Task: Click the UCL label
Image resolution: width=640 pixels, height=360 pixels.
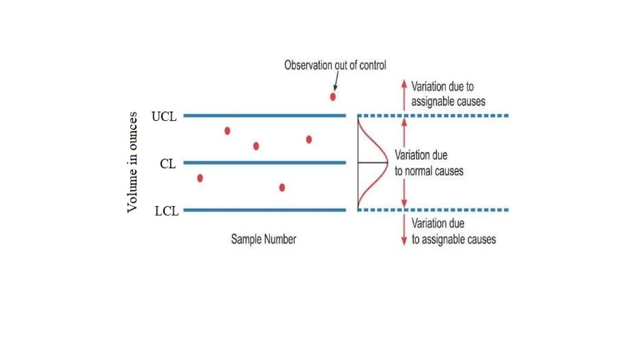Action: [164, 116]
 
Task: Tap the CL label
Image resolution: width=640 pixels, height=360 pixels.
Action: [168, 163]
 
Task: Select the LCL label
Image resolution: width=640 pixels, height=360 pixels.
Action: [166, 211]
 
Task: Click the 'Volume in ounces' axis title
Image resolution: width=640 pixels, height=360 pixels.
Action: [132, 162]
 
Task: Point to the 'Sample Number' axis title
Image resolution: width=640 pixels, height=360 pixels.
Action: [263, 239]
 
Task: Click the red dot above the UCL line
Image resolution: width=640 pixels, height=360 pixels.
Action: [333, 97]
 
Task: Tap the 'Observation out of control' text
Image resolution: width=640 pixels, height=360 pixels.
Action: [335, 65]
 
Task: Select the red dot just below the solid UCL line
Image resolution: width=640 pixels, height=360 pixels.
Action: [227, 131]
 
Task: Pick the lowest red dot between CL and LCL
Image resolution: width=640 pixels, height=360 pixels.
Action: [282, 187]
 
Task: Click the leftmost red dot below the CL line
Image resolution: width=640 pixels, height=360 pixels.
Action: [200, 178]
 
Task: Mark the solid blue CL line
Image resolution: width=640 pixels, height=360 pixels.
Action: [264, 162]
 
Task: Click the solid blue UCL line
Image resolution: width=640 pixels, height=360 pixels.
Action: [264, 116]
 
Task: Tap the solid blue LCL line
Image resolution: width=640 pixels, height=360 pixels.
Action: [264, 210]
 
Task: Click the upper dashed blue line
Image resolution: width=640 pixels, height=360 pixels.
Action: [433, 116]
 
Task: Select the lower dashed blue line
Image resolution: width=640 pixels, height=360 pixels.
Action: [433, 210]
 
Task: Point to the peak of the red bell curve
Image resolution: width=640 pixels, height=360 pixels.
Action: [387, 162]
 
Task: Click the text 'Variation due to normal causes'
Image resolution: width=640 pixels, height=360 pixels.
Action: [429, 163]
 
